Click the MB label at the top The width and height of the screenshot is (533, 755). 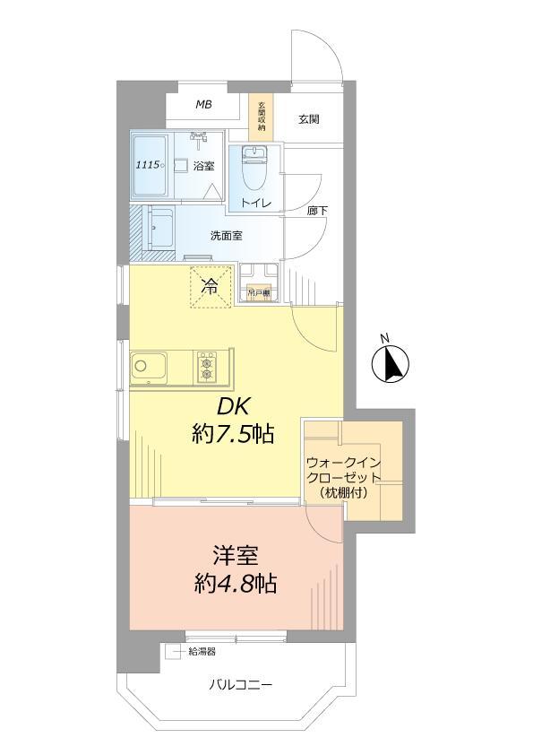(x=204, y=106)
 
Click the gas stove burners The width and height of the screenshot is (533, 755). (x=208, y=367)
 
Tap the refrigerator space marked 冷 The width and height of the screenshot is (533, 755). (x=210, y=287)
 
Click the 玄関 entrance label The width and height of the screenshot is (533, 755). (x=309, y=118)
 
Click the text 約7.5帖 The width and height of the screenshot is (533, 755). (x=232, y=436)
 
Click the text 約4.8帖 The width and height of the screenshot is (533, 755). (x=235, y=586)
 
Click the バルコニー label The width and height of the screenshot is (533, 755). (x=241, y=686)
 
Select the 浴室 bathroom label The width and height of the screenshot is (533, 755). (x=204, y=165)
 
